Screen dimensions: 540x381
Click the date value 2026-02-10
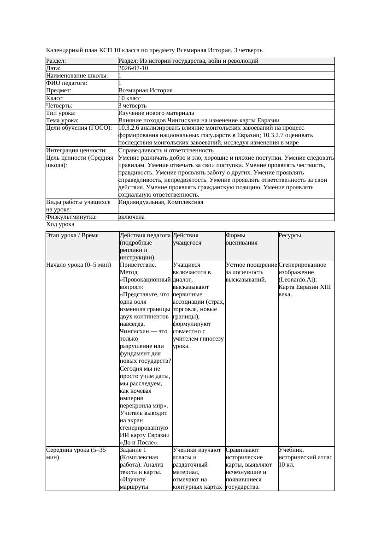(x=133, y=68)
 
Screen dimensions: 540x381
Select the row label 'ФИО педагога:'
(x=67, y=83)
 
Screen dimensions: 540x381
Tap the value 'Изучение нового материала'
(x=156, y=113)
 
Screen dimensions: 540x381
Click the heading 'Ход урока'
(x=60, y=224)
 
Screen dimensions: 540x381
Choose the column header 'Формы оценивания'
(x=242, y=239)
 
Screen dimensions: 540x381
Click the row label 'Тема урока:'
(x=63, y=120)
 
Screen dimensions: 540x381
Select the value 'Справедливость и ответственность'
(x=166, y=150)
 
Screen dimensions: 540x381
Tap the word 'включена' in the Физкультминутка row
(x=131, y=217)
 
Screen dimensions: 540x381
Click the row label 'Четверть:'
(x=59, y=106)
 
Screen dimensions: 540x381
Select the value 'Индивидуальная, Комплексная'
(x=161, y=202)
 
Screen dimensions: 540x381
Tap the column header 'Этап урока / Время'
(x=72, y=235)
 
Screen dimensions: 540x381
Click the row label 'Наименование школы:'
(x=77, y=76)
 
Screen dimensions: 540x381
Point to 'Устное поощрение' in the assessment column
(x=251, y=265)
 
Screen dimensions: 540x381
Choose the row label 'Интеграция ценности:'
(x=76, y=150)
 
